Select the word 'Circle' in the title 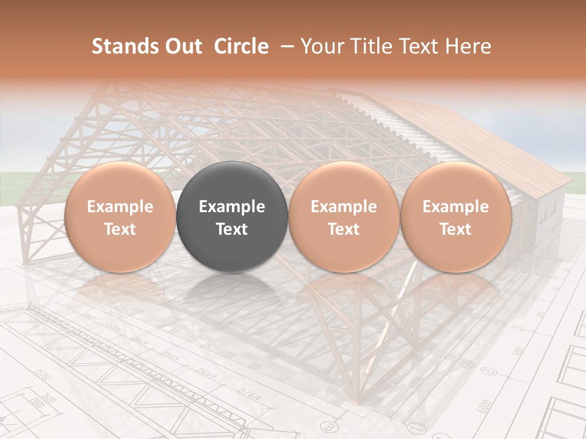241,46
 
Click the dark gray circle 232,216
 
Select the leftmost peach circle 120,216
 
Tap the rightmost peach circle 455,216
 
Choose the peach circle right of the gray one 344,216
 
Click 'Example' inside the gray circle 232,207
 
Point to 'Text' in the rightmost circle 455,229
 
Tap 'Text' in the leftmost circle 120,229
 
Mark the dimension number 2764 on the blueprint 248,394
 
